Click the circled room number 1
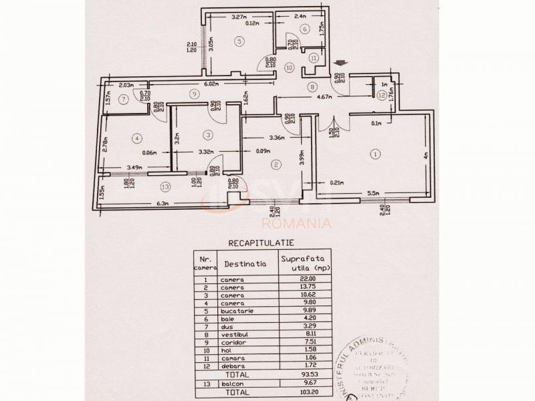coord(375,154)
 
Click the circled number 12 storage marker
coord(381,95)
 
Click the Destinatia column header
coord(245,263)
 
